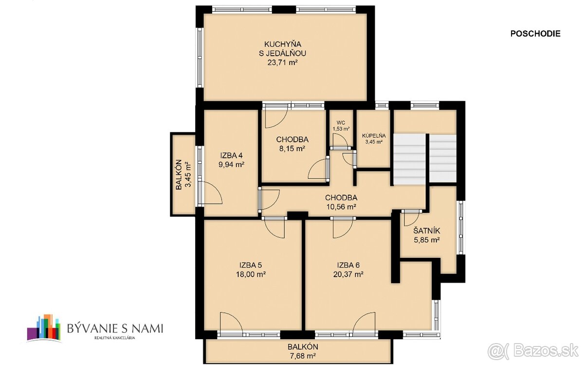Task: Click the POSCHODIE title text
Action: coord(535,34)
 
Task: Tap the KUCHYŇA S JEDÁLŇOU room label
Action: coord(285,48)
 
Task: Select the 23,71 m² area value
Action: coord(285,62)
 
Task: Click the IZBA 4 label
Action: coord(232,156)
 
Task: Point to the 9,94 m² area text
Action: coord(232,165)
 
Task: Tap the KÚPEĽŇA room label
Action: coord(373,136)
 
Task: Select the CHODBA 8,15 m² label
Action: coord(292,144)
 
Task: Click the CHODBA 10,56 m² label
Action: coord(341,202)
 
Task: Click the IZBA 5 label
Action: coord(251,265)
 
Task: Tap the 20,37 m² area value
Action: coord(348,274)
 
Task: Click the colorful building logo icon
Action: coord(44,327)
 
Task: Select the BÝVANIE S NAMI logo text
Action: coord(115,327)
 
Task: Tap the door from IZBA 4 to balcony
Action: coord(210,192)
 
